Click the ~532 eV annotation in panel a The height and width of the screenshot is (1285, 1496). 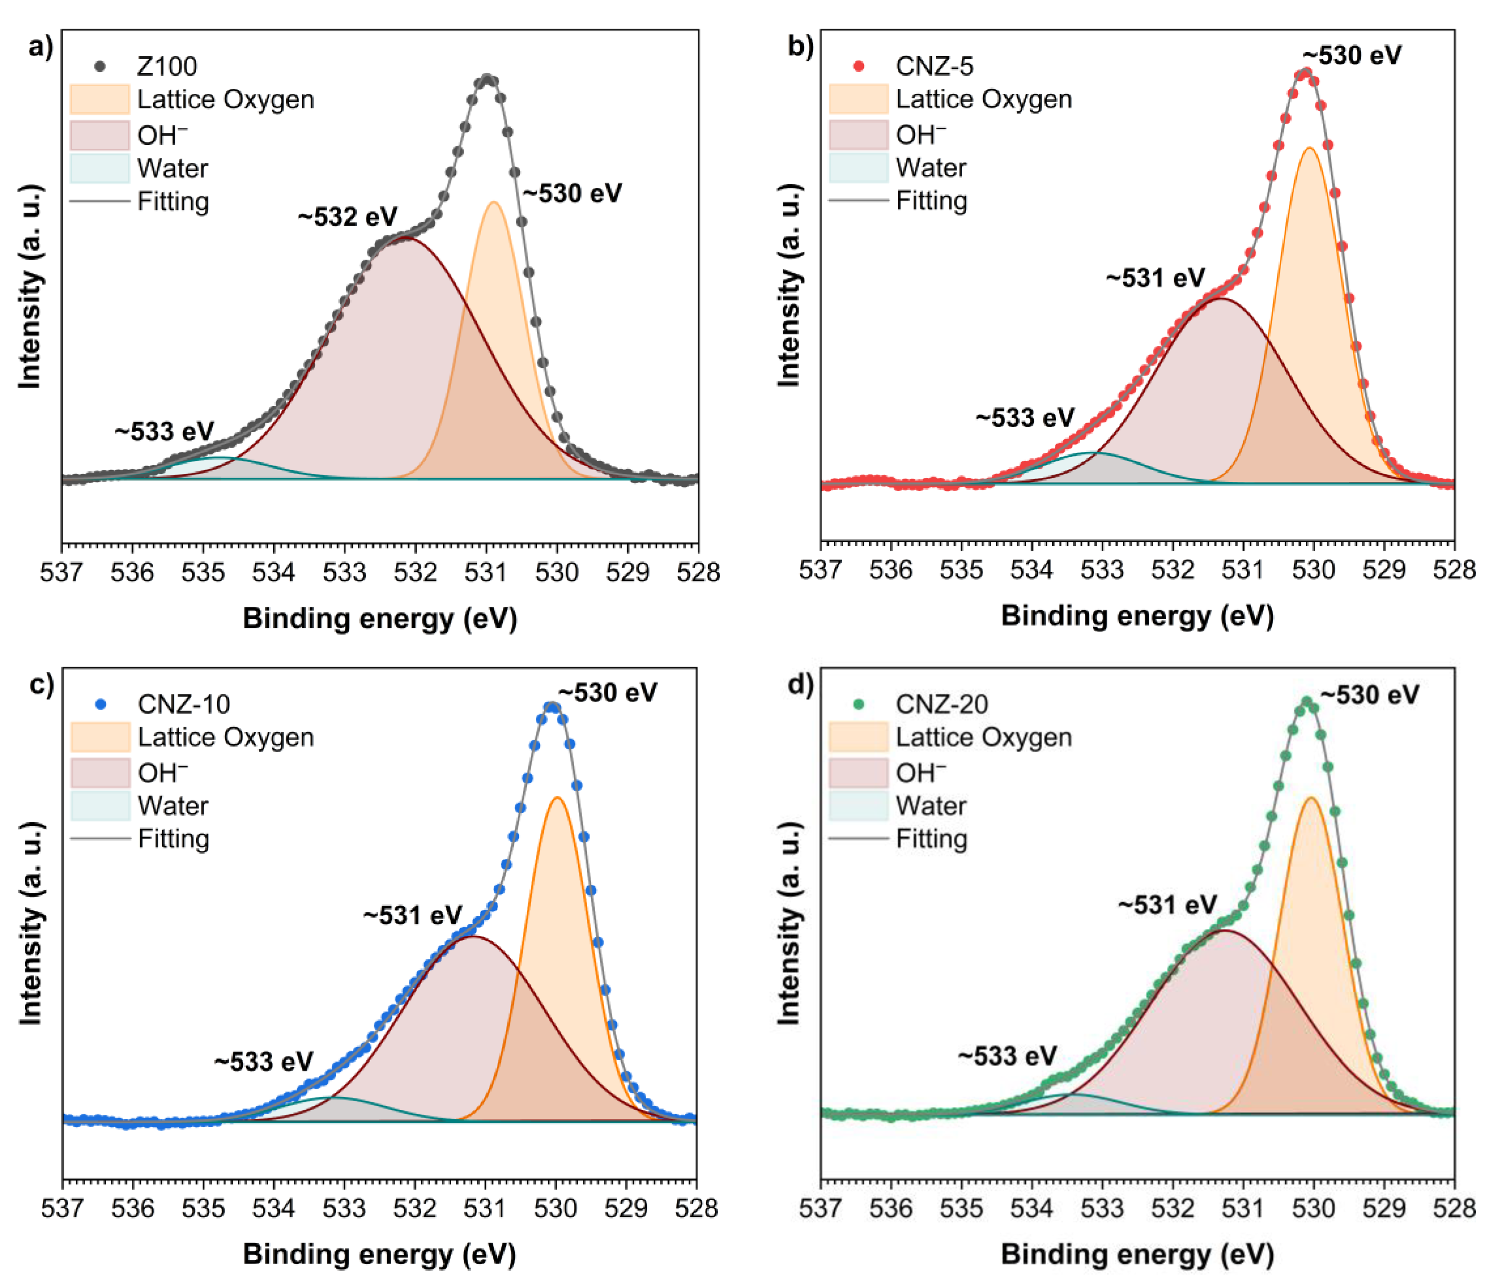point(348,217)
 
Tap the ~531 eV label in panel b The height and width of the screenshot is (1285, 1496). point(1155,278)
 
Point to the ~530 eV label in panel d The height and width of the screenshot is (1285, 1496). point(1370,695)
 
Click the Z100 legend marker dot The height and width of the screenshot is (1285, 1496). point(100,67)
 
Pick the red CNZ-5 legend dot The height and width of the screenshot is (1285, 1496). point(858,67)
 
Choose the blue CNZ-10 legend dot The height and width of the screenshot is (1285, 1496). point(100,704)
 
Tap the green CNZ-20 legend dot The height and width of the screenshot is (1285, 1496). point(858,704)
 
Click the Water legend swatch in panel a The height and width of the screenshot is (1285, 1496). point(100,168)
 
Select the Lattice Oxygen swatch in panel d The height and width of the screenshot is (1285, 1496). point(858,737)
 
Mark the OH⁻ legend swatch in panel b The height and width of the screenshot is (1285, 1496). point(858,135)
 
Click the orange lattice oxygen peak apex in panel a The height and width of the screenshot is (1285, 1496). point(494,203)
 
